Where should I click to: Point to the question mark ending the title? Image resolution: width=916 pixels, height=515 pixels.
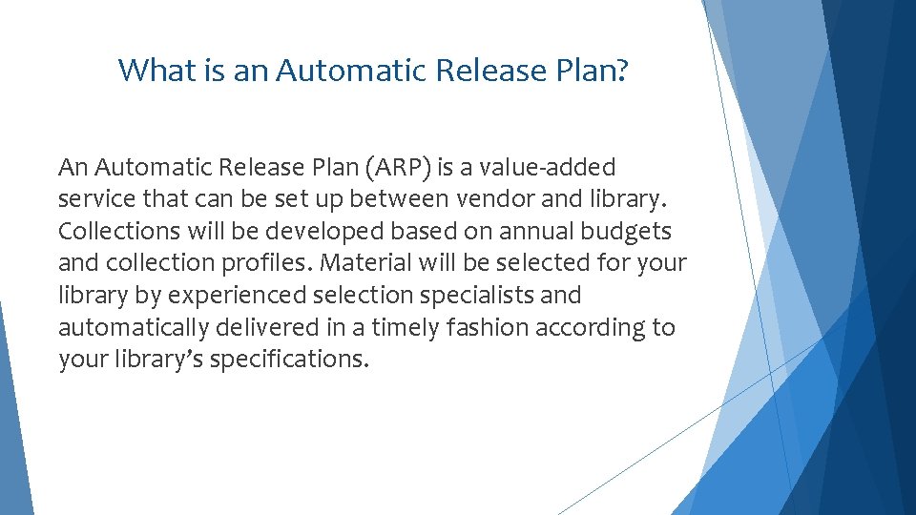tap(622, 70)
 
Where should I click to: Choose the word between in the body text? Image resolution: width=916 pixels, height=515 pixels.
tap(398, 199)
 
